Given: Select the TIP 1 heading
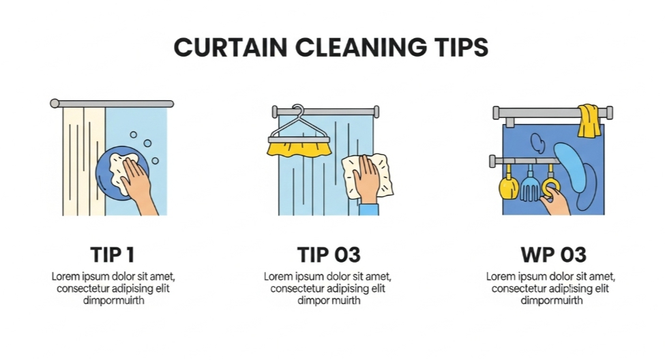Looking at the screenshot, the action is pos(113,255).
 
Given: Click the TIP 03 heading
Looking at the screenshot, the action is pos(329,255).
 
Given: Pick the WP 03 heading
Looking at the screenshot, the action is pos(553,255).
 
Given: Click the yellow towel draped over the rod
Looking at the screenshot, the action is pos(589,121).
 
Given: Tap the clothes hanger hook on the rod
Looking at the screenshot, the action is pos(298,110).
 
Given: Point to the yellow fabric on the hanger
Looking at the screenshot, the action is pos(299,149).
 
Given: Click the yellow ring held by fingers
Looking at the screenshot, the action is pos(550,187).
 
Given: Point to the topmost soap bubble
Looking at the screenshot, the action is pos(134,134).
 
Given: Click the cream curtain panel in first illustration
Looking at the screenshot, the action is pos(84,161).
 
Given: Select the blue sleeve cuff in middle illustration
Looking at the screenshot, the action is pos(369,209).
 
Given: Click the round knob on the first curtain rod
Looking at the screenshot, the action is pos(55,104).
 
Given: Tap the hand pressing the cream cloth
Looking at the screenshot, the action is pos(366,179).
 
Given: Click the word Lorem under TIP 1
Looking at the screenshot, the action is pos(65,276).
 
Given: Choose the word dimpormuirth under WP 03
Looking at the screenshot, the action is pos(552,301).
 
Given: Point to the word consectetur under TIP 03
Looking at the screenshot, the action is pos(297,289).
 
